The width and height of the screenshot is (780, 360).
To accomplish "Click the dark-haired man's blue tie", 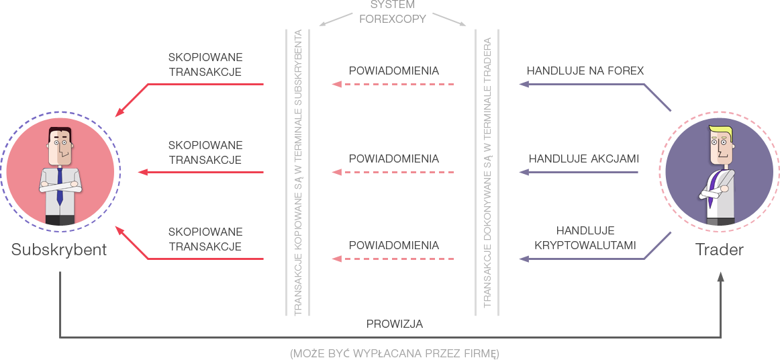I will point(60,185).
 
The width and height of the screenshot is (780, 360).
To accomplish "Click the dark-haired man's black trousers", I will point(60,220).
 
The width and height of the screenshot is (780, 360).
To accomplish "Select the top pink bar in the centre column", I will point(397,85).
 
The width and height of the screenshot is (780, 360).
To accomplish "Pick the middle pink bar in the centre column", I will point(397,173).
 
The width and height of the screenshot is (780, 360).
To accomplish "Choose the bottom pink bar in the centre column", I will point(397,260).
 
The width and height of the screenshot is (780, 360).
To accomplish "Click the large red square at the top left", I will point(134,97).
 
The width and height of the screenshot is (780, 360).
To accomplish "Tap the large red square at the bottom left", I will point(134,244).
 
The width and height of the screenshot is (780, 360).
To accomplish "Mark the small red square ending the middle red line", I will point(142,173).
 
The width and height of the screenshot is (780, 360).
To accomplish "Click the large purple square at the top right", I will point(657,97).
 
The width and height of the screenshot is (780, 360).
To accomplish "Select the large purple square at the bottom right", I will point(657,244).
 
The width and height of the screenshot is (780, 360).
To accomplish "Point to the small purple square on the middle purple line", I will point(524,173).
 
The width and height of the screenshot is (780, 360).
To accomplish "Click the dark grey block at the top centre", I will point(393,11).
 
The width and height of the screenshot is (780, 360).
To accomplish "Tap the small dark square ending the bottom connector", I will point(720,277).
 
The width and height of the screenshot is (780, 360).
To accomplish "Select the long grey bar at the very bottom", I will point(413,353).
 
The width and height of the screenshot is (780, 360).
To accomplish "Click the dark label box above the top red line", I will point(205,64).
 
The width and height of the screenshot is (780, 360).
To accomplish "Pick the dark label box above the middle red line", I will point(205,152).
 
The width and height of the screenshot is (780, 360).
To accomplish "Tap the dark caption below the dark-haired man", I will point(59,251).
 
